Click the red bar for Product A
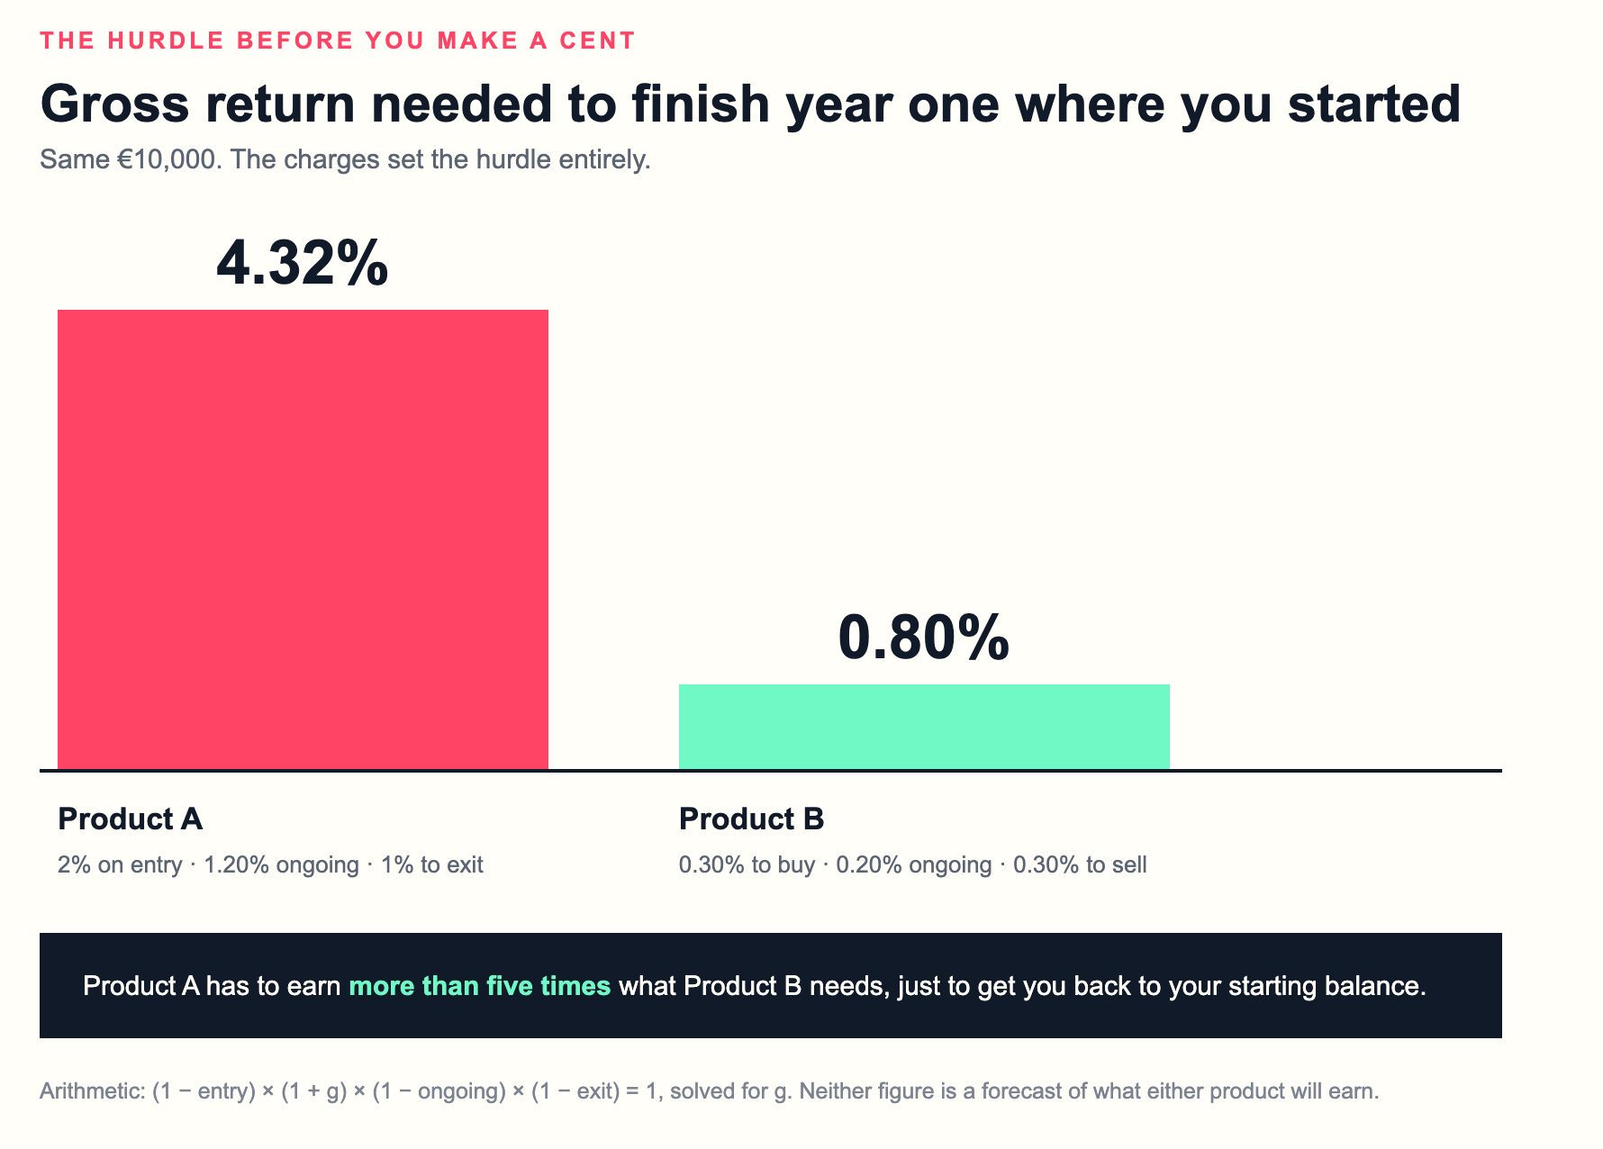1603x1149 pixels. [303, 539]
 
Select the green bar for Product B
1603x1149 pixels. [924, 727]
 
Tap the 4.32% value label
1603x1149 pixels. [303, 264]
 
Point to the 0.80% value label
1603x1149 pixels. [924, 638]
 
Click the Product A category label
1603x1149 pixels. [130, 819]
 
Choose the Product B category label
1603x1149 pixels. [751, 819]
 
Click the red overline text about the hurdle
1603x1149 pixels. [338, 41]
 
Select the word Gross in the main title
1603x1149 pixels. [115, 104]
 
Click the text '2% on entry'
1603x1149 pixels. [120, 865]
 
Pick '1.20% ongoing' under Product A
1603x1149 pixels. [281, 865]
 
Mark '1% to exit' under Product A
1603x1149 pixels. [431, 865]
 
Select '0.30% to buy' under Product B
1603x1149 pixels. [747, 865]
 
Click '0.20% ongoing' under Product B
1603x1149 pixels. [913, 865]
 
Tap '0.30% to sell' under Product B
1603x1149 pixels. [1080, 865]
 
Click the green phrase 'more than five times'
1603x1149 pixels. [480, 986]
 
